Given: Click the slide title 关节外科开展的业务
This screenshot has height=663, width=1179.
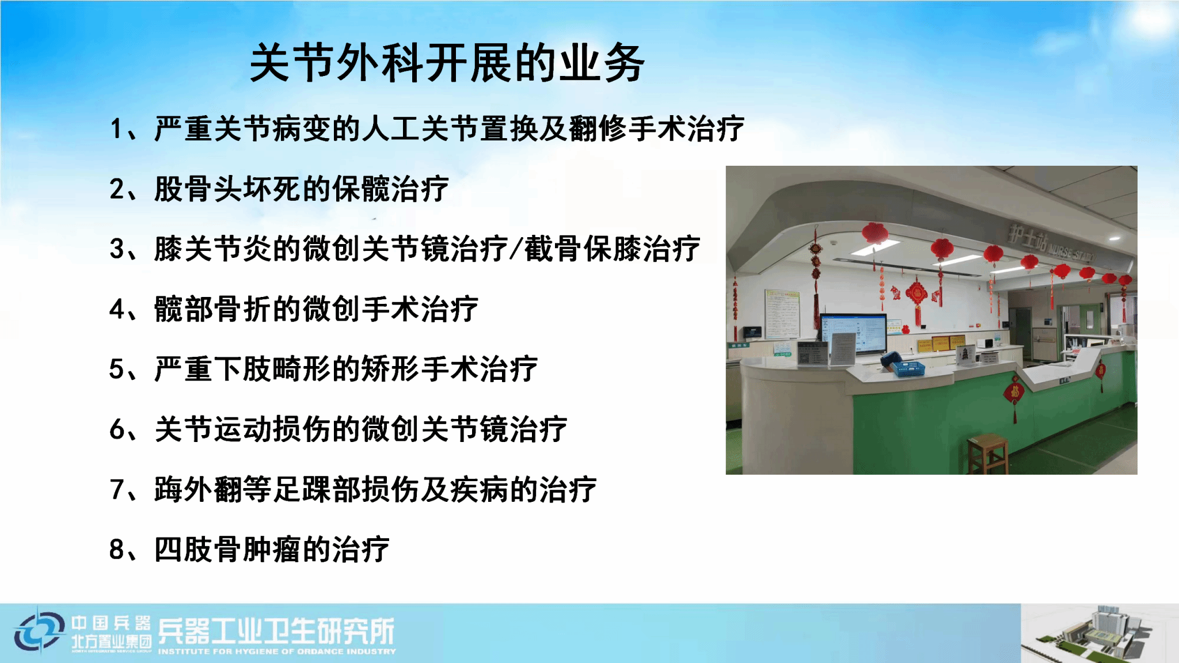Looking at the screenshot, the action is (x=447, y=63).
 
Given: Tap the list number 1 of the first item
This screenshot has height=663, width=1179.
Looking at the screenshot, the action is (x=116, y=128).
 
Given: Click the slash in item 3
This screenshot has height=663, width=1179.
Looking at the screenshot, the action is (x=516, y=249).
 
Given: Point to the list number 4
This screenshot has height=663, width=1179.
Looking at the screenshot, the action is (x=117, y=310).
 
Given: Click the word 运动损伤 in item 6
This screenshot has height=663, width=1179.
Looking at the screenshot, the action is (x=273, y=429).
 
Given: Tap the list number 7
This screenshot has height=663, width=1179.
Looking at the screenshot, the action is (x=117, y=490).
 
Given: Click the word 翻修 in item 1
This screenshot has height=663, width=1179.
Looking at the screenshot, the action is (x=598, y=128).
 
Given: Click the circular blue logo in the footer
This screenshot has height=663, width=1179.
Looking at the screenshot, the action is (x=40, y=632).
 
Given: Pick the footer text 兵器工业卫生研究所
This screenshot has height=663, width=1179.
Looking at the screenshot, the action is (x=276, y=631).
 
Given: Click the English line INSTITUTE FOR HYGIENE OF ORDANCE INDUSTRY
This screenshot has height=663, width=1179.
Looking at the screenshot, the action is (x=277, y=651).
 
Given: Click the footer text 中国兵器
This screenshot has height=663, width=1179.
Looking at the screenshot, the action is (x=111, y=623).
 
